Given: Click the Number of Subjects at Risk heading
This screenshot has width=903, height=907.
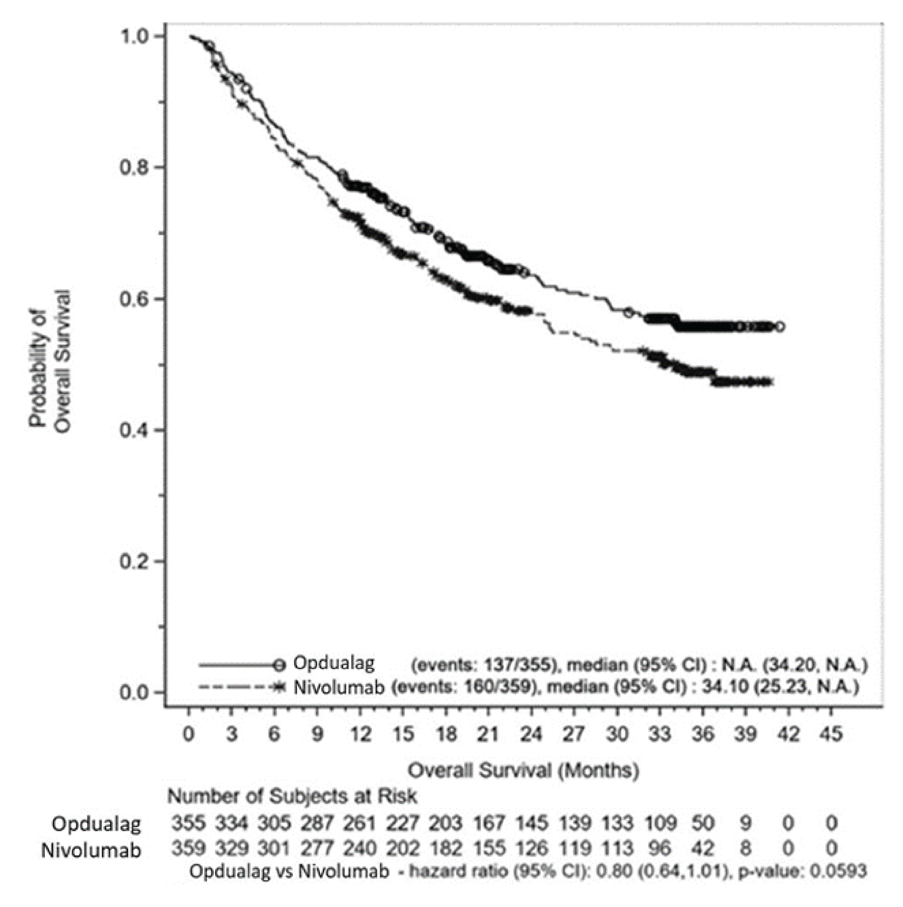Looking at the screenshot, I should (x=292, y=796).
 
